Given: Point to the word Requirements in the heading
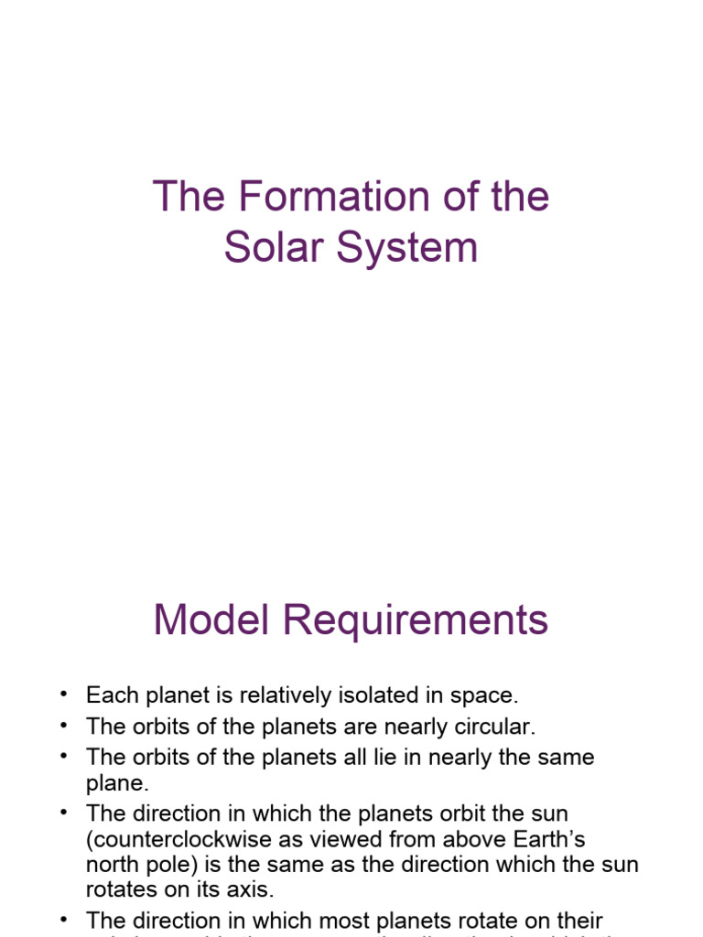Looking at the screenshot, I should [416, 620].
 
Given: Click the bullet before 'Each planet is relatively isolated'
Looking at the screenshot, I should [63, 695].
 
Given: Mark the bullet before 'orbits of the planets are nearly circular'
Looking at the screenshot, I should [63, 727].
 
